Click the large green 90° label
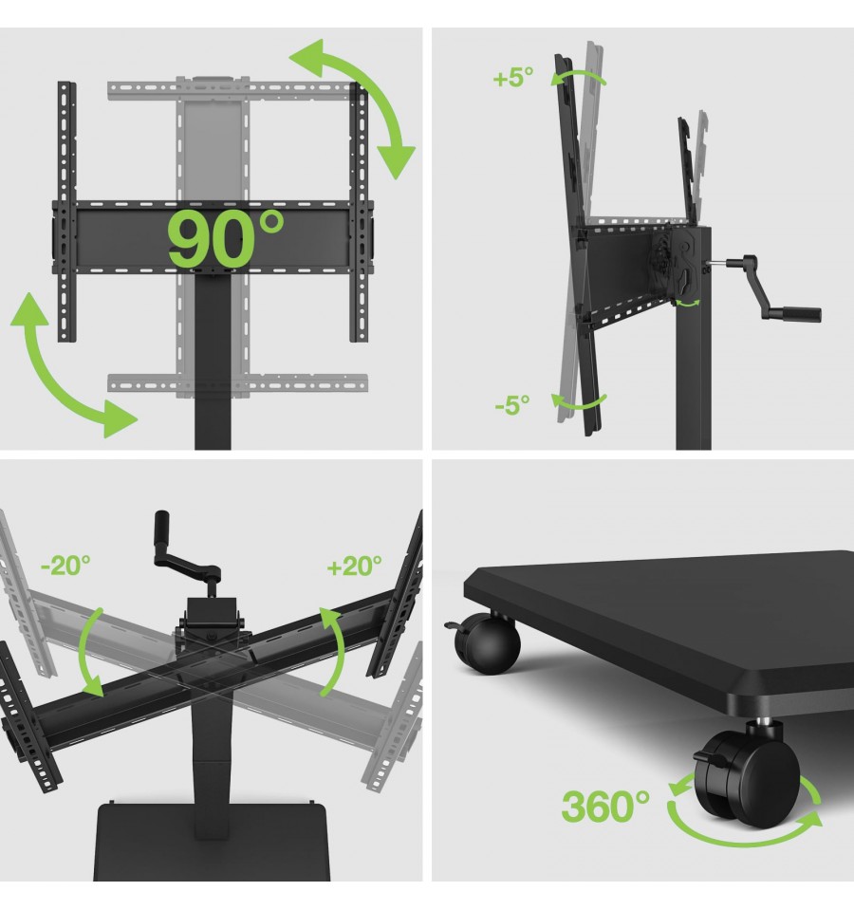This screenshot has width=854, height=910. pos(225,238)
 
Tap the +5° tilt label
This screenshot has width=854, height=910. pos(512,77)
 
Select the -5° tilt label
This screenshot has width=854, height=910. pos(512,404)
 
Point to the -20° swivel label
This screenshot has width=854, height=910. pos(65,566)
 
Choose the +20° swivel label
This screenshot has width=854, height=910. pos(355,566)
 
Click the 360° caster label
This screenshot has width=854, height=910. pos(605,806)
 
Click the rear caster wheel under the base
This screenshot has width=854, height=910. pos(486,643)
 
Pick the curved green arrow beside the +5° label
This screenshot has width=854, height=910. pos(579,77)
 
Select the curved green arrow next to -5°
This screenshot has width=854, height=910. pos(579,401)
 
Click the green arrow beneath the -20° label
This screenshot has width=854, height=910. pos(87,653)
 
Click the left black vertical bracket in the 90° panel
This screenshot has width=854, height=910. pos(66,212)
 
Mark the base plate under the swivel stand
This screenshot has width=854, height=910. pos(212,842)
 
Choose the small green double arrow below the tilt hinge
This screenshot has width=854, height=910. pos(689,303)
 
